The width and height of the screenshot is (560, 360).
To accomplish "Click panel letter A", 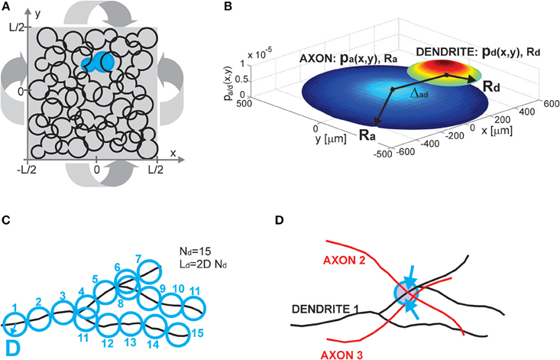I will coord(6,7).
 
